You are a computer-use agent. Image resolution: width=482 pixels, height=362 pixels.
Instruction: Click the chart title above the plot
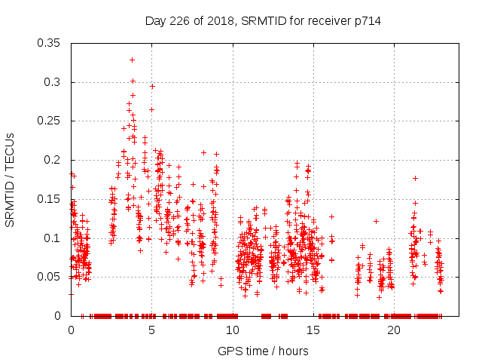click(263, 21)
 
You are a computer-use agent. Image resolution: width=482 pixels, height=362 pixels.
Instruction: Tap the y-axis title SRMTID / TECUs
click(11, 179)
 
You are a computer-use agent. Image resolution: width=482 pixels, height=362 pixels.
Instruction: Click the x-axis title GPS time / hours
click(263, 351)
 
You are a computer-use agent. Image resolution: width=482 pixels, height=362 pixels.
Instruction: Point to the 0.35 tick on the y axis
click(50, 43)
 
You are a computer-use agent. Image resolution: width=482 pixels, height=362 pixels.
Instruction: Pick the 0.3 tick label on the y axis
click(53, 82)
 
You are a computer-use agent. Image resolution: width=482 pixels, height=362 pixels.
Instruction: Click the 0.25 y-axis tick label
click(50, 121)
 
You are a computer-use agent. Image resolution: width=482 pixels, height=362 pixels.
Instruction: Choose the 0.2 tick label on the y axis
click(53, 160)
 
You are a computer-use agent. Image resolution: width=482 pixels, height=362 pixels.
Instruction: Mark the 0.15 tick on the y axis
click(50, 199)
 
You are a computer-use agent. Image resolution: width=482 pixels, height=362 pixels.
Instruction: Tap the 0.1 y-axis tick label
click(53, 238)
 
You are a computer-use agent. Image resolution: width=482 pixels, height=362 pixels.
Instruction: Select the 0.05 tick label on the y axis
click(50, 277)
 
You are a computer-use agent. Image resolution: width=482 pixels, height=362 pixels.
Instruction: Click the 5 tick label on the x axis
click(151, 330)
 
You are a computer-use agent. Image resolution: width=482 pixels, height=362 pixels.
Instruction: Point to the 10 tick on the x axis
click(232, 330)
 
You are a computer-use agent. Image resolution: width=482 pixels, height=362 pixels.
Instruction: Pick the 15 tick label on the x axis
click(313, 330)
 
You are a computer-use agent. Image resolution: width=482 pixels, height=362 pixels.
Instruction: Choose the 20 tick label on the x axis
click(393, 330)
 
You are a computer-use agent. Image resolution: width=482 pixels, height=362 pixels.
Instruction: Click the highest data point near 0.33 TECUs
click(132, 60)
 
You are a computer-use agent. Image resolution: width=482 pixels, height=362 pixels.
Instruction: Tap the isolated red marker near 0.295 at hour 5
click(152, 86)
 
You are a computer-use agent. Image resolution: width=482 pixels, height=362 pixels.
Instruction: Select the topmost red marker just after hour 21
click(415, 178)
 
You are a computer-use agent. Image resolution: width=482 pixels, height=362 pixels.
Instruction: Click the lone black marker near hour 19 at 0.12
click(376, 221)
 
